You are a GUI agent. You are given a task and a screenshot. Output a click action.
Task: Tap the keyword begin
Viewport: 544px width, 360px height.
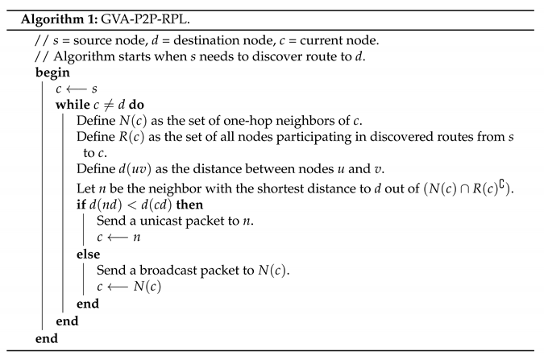pyautogui.click(x=52, y=72)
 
